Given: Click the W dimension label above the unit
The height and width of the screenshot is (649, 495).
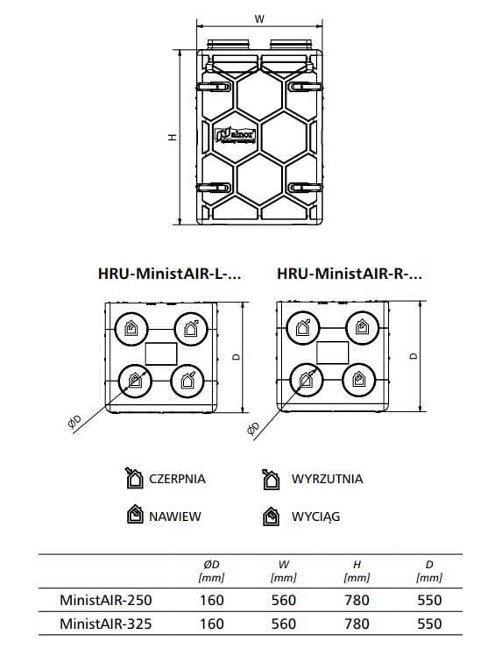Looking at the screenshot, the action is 259,19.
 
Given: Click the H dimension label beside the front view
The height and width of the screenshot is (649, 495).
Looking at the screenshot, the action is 173,137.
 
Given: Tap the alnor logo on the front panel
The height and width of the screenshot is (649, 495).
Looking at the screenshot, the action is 236,136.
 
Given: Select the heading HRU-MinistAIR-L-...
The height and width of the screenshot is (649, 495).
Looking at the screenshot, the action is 169,274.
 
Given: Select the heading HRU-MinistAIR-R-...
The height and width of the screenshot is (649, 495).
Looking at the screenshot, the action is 350,274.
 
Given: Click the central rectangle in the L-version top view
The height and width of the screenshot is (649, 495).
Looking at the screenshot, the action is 161,354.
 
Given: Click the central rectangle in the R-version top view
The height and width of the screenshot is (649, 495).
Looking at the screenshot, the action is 332,353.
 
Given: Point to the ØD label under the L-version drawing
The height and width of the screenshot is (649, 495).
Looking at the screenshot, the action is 74,422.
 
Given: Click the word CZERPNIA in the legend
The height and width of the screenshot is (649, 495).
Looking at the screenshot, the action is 177,479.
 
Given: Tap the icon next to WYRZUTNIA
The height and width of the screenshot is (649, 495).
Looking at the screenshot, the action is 271,480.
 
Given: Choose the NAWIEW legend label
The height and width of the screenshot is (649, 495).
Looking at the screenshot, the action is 175,517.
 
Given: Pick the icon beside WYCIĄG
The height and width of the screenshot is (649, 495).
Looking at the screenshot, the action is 271,517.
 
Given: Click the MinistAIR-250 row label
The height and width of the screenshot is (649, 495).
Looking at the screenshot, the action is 106,600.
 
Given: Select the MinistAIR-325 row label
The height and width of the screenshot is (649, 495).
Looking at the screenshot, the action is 106,624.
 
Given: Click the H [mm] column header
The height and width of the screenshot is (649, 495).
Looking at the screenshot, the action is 357,571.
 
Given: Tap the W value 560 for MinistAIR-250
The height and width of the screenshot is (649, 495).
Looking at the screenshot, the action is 284,600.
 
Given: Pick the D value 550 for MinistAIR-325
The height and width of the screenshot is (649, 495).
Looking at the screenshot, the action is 429,624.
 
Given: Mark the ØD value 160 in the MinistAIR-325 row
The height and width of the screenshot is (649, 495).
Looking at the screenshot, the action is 212,624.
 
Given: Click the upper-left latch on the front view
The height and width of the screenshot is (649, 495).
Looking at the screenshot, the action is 214,87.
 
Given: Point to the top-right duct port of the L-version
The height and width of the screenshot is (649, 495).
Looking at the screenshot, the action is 191,329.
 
